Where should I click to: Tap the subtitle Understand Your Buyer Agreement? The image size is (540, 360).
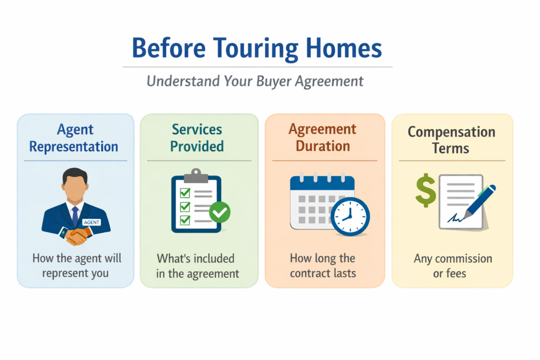pos(255,81)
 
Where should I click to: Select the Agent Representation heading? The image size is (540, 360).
pos(73,138)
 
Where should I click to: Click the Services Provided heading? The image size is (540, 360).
pos(197,138)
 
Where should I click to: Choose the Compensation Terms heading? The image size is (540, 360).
pos(451,139)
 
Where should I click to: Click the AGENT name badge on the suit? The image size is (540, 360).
pos(92,222)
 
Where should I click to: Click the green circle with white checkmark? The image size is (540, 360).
pos(219,212)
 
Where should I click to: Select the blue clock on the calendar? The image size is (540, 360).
pos(350,216)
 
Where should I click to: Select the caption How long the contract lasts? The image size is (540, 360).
pos(323,266)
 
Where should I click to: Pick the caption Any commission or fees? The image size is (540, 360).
pos(452,266)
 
